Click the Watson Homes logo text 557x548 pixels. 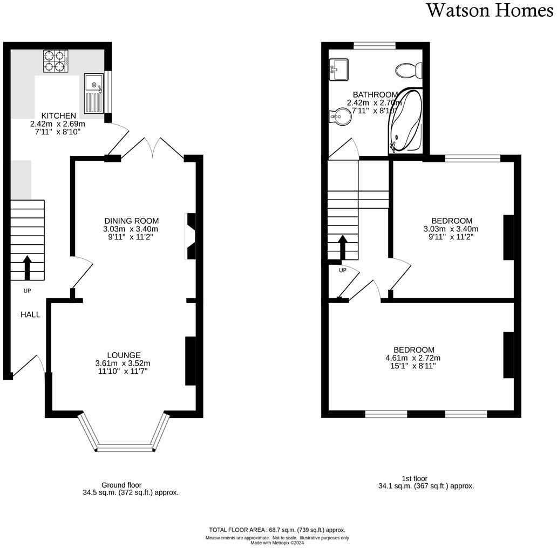click(x=490, y=10)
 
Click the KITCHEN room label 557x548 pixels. click(x=59, y=115)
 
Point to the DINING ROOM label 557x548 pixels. click(x=132, y=221)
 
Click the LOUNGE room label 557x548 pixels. click(x=124, y=355)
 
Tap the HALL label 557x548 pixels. click(x=30, y=314)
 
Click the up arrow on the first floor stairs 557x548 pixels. click(x=342, y=247)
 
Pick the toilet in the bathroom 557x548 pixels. click(x=409, y=70)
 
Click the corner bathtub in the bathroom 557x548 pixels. click(x=406, y=121)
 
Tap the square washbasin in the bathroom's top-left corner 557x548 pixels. click(x=339, y=70)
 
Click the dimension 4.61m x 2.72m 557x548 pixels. click(x=413, y=358)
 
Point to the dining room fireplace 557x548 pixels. click(x=190, y=236)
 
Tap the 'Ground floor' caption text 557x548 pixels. click(x=121, y=485)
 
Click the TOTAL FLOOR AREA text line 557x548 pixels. click(x=277, y=530)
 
